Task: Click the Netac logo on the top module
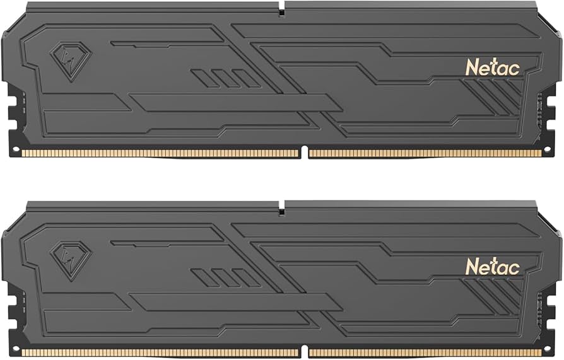click(492, 67)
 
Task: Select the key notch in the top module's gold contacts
click(304, 152)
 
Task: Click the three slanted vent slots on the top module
click(225, 78)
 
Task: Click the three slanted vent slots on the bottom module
click(225, 277)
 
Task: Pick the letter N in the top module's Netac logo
click(471, 67)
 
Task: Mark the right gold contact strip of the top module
click(425, 153)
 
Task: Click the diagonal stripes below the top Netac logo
click(495, 98)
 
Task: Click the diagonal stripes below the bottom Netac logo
click(495, 296)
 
